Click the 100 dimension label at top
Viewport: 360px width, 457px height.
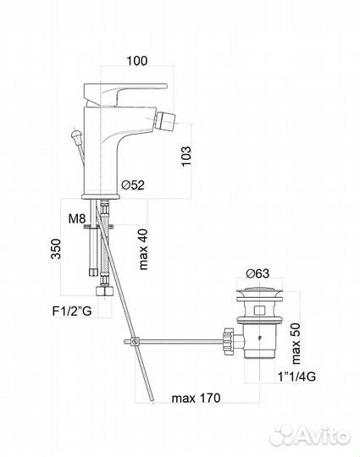pos(137,61)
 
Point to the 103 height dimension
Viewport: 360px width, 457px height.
pos(186,156)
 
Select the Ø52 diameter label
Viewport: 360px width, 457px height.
pos(133,184)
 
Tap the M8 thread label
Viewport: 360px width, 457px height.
pos(77,218)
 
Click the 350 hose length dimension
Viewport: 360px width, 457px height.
pos(56,249)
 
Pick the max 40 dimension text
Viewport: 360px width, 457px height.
pos(143,249)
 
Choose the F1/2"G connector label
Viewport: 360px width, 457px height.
pos(72,311)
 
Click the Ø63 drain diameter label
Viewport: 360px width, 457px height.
pos(258,273)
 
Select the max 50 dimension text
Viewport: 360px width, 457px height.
pos(296,344)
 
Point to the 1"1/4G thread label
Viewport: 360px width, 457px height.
pos(296,377)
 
